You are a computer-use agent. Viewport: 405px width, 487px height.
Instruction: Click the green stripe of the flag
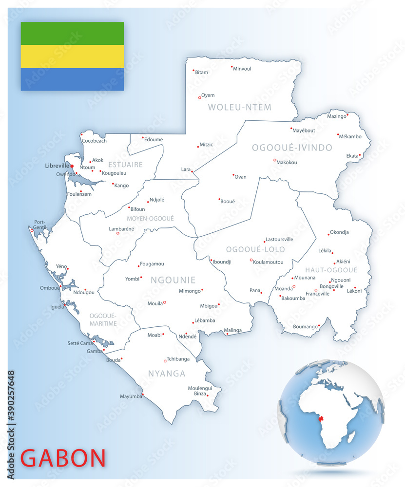pyautogui.click(x=72, y=33)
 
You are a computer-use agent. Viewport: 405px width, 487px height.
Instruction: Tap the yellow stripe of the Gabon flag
pyautogui.click(x=72, y=56)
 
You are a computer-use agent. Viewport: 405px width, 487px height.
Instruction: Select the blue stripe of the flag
pyautogui.click(x=72, y=79)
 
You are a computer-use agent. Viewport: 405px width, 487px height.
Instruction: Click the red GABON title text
pyautogui.click(x=63, y=458)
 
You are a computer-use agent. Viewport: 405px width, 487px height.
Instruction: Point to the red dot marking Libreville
pyautogui.click(x=72, y=166)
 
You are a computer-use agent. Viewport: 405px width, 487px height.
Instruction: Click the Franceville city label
pyautogui.click(x=317, y=294)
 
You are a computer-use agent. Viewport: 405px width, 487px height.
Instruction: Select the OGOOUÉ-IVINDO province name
pyautogui.click(x=292, y=148)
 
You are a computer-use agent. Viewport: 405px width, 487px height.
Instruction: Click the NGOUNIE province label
pyautogui.click(x=173, y=280)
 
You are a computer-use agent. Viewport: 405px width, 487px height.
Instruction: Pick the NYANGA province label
pyautogui.click(x=167, y=374)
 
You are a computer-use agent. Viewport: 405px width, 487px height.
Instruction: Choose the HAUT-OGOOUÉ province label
pyautogui.click(x=331, y=270)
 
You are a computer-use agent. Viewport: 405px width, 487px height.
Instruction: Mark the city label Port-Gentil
pyautogui.click(x=40, y=225)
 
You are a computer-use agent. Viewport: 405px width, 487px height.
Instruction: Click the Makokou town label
pyautogui.click(x=287, y=162)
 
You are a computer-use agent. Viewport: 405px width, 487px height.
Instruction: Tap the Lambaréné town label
pyautogui.click(x=121, y=228)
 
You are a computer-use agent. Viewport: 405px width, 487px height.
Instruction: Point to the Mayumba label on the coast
pyautogui.click(x=131, y=396)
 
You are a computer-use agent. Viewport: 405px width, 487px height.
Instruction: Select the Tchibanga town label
pyautogui.click(x=178, y=359)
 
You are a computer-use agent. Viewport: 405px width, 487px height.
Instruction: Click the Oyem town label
pyautogui.click(x=208, y=95)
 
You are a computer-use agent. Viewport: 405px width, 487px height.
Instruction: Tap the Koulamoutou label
pyautogui.click(x=269, y=262)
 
